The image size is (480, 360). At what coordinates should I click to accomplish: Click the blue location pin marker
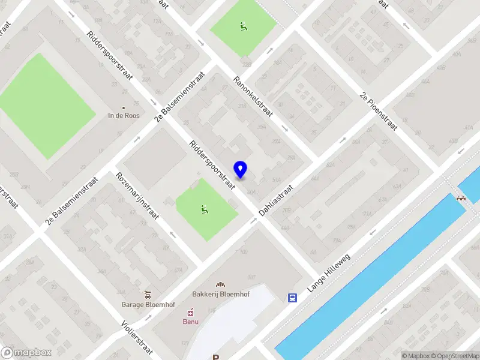pos(241,170)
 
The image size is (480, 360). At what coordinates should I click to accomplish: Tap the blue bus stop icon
pos(293,298)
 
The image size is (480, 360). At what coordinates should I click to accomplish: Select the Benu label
pos(191,321)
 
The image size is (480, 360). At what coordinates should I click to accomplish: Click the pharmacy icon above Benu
pos(191,311)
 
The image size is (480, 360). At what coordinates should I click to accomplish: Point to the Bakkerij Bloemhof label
pos(221,294)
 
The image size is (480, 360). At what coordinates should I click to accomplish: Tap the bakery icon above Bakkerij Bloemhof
pos(221,284)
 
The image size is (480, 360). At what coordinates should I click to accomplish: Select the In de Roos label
pos(124,116)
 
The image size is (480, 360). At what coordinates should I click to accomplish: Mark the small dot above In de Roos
pos(124,108)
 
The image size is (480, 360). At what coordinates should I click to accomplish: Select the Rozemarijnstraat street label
pos(137,196)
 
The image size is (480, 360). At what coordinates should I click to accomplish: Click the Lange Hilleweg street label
pos(328,273)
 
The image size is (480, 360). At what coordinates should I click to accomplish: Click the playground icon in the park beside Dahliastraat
pos(205,209)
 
